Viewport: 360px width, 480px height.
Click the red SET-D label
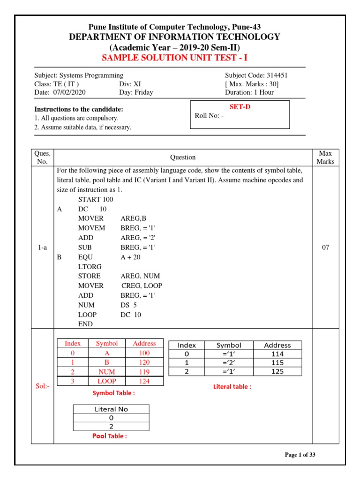[x=240, y=107]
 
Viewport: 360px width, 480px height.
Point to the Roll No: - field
[x=209, y=117]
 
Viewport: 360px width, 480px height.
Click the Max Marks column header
[x=325, y=157]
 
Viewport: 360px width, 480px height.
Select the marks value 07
[x=325, y=247]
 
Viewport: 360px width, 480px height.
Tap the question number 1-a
[x=42, y=247]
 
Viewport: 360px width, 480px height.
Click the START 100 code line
[x=96, y=199]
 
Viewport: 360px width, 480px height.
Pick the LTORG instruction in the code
[x=89, y=266]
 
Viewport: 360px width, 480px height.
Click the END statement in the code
[x=85, y=324]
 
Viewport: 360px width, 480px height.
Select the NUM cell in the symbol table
[x=107, y=372]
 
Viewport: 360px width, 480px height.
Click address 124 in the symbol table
[x=144, y=381]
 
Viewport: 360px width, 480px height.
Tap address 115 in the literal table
[x=277, y=363]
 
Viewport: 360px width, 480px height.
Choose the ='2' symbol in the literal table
[x=229, y=363]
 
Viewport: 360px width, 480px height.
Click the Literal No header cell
[x=111, y=409]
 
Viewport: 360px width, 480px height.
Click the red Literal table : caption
[x=232, y=387]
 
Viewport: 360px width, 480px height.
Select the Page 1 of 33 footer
[x=303, y=455]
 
